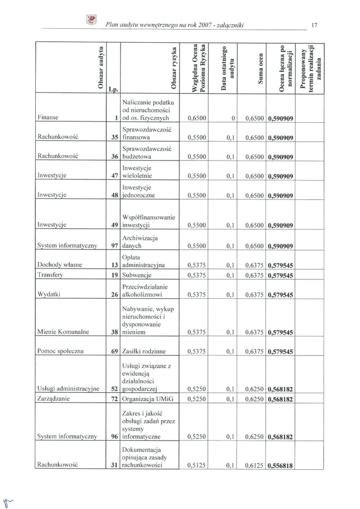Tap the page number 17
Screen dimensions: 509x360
click(314, 24)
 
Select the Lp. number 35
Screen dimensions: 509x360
click(113, 137)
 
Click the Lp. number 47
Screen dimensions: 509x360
click(113, 176)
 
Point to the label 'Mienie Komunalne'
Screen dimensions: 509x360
click(63, 332)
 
